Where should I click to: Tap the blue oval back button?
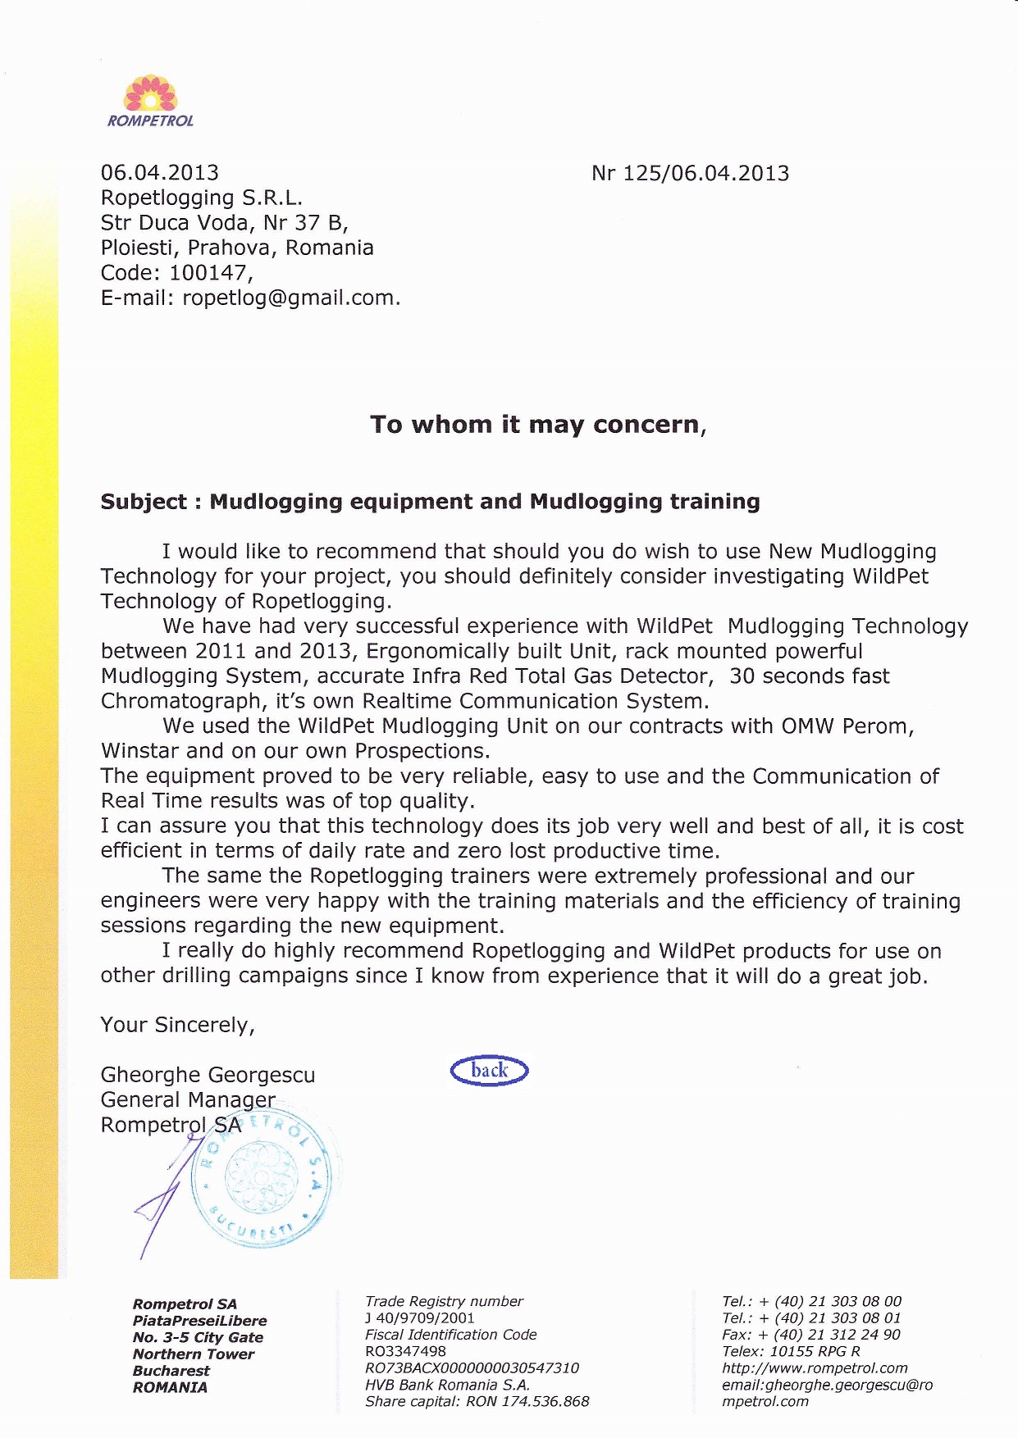pyautogui.click(x=489, y=1071)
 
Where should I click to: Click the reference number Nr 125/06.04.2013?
pyautogui.click(x=690, y=174)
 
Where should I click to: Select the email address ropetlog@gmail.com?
pyautogui.click(x=290, y=298)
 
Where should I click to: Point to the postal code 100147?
pyautogui.click(x=209, y=273)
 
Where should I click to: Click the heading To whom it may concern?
pyautogui.click(x=537, y=425)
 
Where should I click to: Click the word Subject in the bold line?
pyautogui.click(x=144, y=502)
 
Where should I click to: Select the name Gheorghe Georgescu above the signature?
pyautogui.click(x=208, y=1075)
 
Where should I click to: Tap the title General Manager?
pyautogui.click(x=188, y=1099)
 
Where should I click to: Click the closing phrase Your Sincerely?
pyautogui.click(x=177, y=1025)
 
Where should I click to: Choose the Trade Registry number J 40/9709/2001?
pyautogui.click(x=419, y=1317)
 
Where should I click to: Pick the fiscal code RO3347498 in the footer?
pyautogui.click(x=405, y=1351)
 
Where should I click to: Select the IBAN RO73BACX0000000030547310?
pyautogui.click(x=472, y=1367)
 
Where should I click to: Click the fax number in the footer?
pyautogui.click(x=810, y=1335)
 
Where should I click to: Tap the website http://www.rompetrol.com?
pyautogui.click(x=815, y=1367)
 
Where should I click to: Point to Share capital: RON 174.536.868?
pyautogui.click(x=477, y=1401)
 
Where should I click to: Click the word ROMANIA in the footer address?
pyautogui.click(x=170, y=1387)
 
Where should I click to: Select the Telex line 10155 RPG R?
pyautogui.click(x=791, y=1351)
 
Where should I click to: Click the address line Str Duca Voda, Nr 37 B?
pyautogui.click(x=224, y=223)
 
